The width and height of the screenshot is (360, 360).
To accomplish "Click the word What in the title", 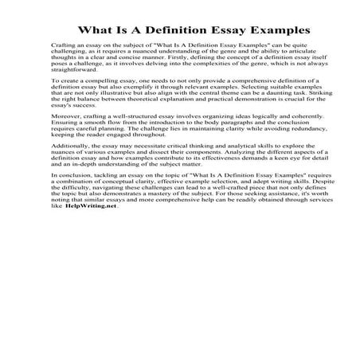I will coord(93,30).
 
